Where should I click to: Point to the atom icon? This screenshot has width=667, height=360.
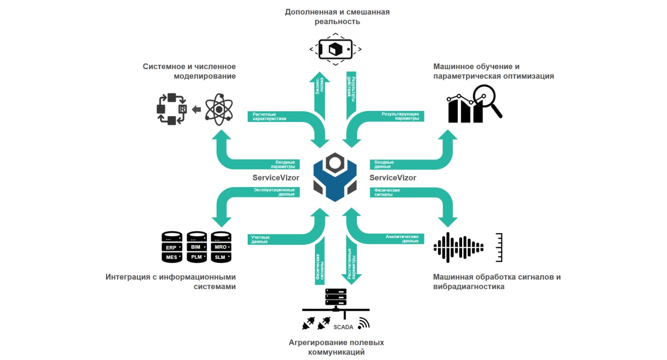(219, 110)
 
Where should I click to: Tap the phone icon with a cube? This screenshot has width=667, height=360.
(335, 49)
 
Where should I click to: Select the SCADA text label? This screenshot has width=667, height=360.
(343, 327)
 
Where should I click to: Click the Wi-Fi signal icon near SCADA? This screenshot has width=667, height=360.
(364, 323)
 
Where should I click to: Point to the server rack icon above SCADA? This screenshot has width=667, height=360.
(335, 298)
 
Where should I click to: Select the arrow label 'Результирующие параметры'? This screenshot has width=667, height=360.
(400, 116)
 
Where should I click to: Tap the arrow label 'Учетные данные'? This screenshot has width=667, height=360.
(261, 239)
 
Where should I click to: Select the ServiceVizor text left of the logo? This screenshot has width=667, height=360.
(276, 178)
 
